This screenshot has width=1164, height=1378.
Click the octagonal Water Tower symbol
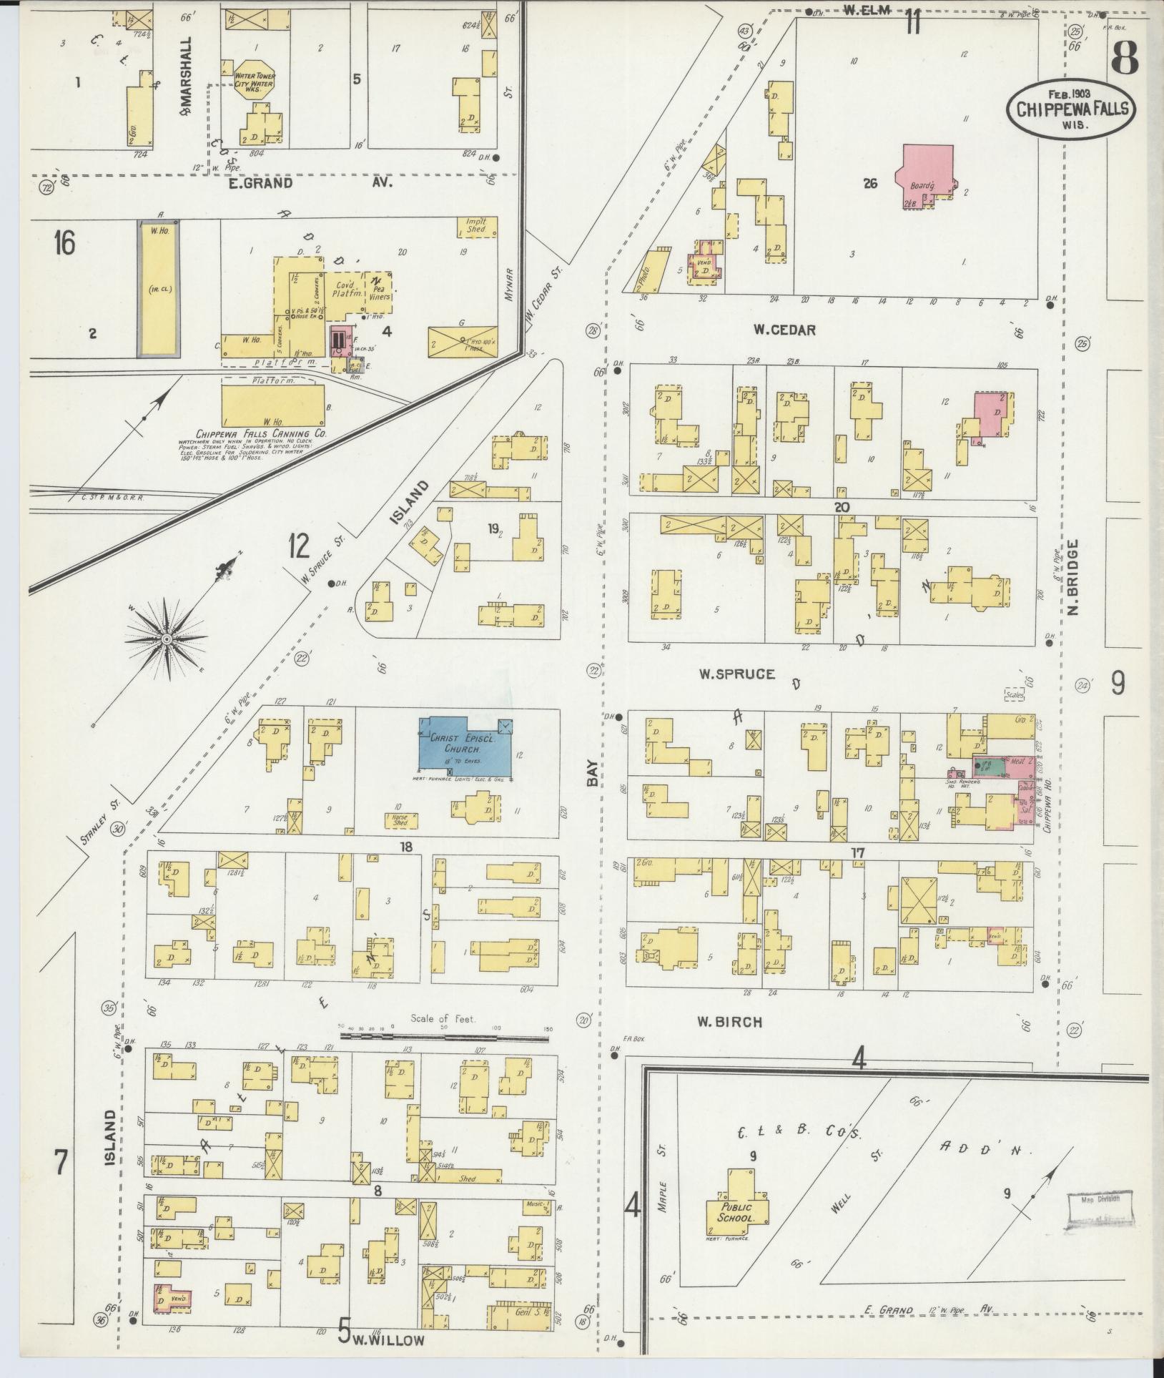point(255,80)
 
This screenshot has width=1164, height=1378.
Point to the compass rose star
point(166,638)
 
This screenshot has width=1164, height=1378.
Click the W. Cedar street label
point(784,330)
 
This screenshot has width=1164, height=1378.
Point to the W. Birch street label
point(729,1022)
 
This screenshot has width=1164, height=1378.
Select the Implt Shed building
point(476,228)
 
